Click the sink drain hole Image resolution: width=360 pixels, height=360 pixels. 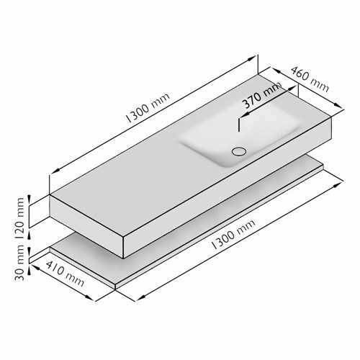tap(239, 151)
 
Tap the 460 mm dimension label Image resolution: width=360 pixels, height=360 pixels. tap(310, 79)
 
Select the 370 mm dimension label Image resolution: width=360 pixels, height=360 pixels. tap(261, 94)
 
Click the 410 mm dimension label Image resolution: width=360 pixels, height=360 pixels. tap(65, 274)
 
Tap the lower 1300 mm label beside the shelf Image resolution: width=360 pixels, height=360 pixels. tap(233, 235)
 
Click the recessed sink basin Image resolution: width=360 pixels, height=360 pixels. tap(240, 135)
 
